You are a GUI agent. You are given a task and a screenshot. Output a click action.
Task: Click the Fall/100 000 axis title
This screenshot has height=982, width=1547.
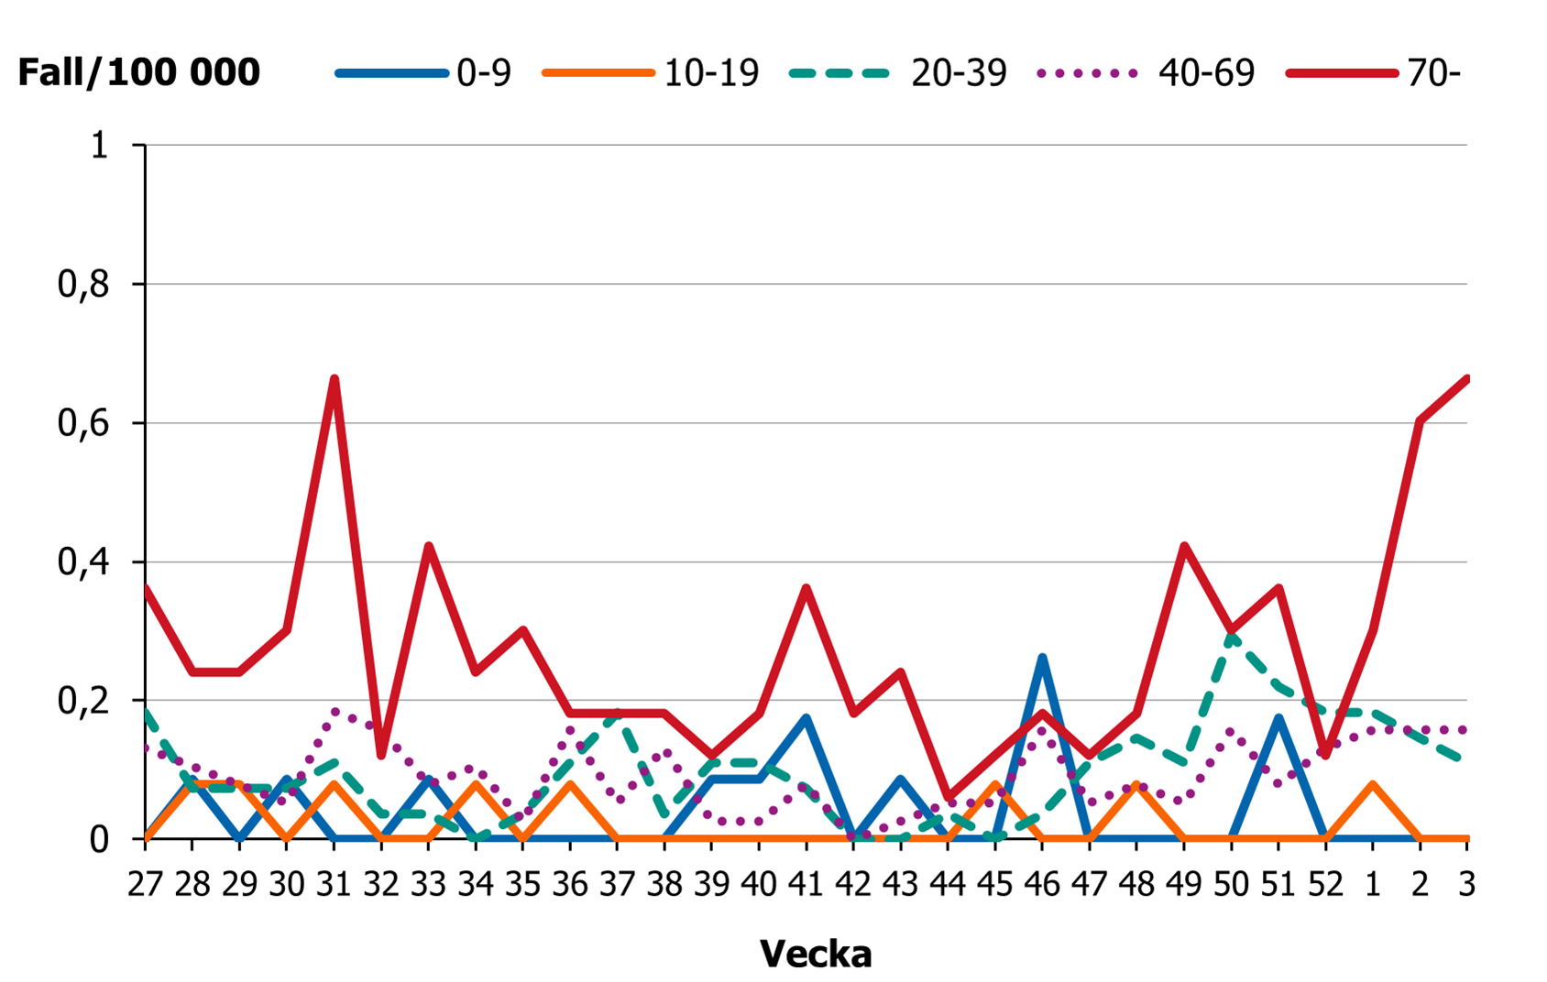point(138,72)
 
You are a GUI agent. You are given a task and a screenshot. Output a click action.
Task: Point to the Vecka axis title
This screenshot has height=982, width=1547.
point(815,955)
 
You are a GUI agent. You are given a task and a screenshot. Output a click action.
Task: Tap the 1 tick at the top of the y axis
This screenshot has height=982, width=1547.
point(99,146)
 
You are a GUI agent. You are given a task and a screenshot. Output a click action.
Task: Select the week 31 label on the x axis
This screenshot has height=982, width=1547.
point(334,885)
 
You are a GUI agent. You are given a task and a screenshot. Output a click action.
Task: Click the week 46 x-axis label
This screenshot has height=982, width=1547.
point(1042,885)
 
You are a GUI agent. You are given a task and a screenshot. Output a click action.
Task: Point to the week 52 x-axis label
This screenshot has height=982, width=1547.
point(1325,885)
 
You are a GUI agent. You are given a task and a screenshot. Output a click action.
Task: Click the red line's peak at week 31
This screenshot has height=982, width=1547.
point(335,379)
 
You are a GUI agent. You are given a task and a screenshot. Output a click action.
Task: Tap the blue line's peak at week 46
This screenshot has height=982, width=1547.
point(1042,658)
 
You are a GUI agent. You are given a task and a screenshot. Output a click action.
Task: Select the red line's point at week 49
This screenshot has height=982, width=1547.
point(1184,547)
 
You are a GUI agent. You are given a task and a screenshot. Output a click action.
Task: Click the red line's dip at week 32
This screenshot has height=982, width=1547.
point(381,755)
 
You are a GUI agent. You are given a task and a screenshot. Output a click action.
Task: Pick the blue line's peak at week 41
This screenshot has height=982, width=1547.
point(806,718)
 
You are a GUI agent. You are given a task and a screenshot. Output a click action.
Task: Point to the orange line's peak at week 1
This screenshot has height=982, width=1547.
point(1373,784)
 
